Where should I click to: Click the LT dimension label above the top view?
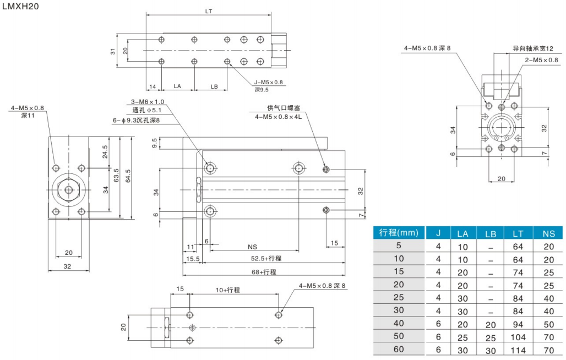tap(209, 11)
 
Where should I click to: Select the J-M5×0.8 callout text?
tap(268, 82)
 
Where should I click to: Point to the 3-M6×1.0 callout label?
tap(148, 102)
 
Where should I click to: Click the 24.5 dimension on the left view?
tap(105, 151)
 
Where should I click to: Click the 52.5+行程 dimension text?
tap(266, 259)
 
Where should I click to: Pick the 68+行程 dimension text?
tap(265, 271)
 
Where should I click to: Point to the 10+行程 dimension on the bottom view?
tap(227, 290)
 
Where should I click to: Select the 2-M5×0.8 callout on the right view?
tap(541, 59)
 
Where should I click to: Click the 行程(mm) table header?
tap(399, 233)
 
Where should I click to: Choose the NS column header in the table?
tap(548, 233)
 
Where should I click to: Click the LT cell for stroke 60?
tap(518, 350)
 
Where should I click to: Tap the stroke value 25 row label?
tap(399, 298)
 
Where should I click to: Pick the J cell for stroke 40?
tap(438, 324)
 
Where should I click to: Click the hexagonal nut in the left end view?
tap(68, 190)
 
